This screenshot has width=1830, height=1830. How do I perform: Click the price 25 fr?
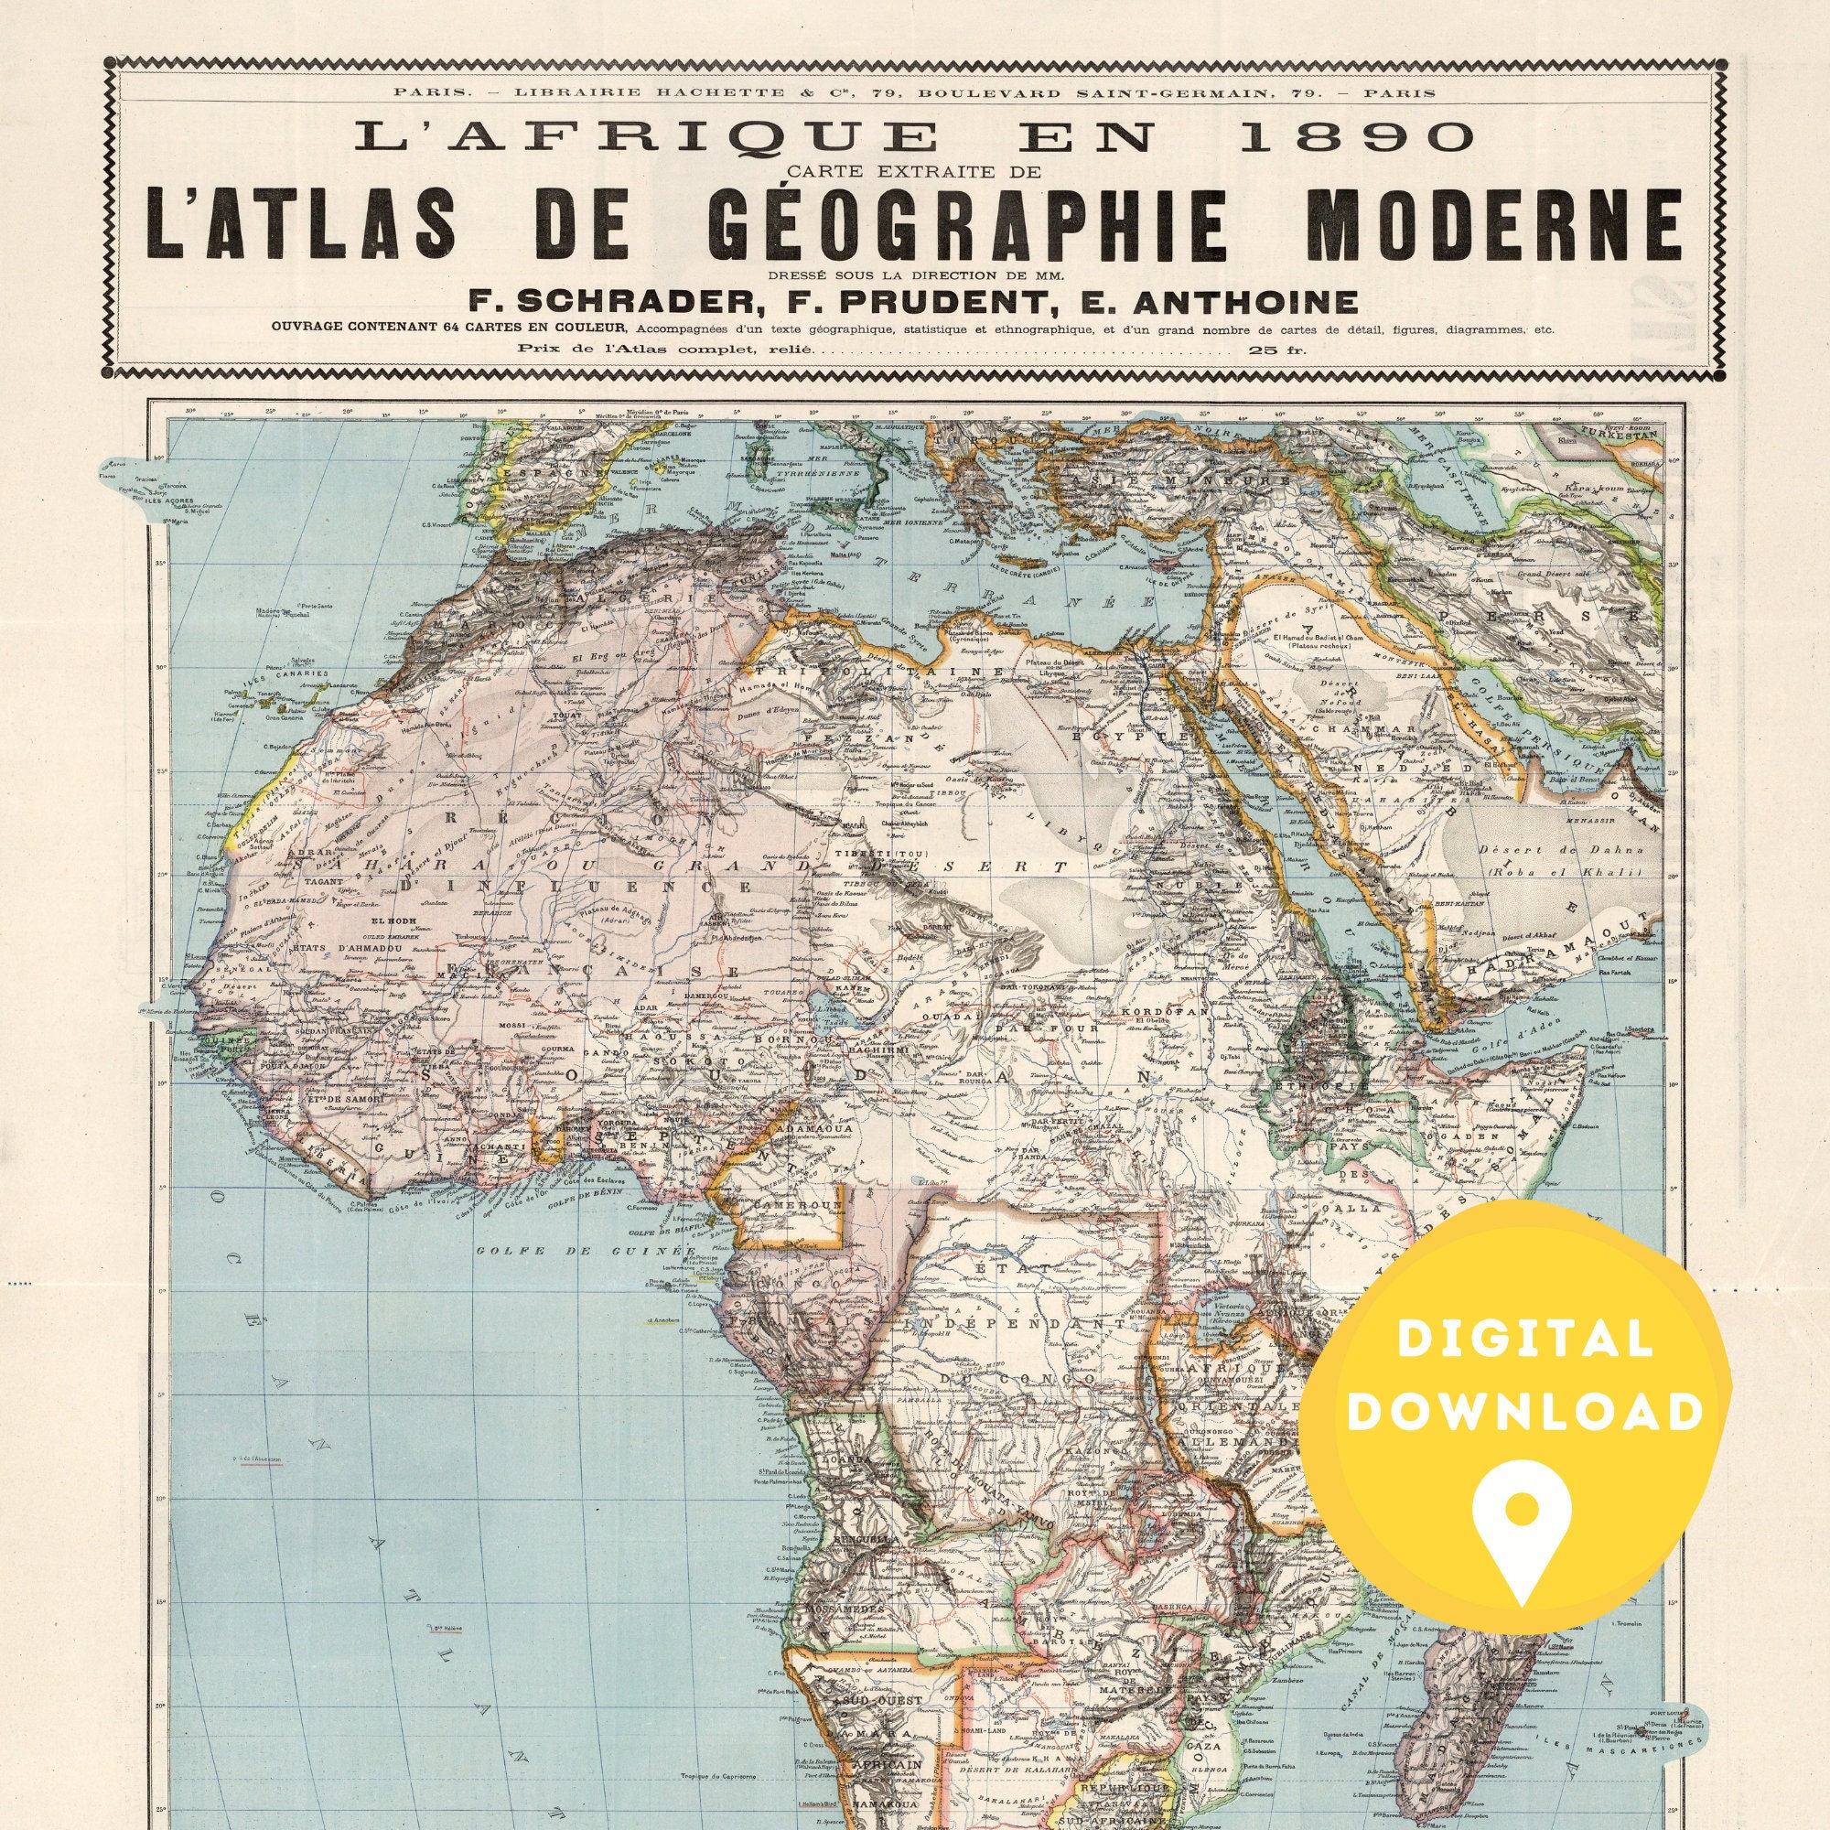[x=1272, y=349]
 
